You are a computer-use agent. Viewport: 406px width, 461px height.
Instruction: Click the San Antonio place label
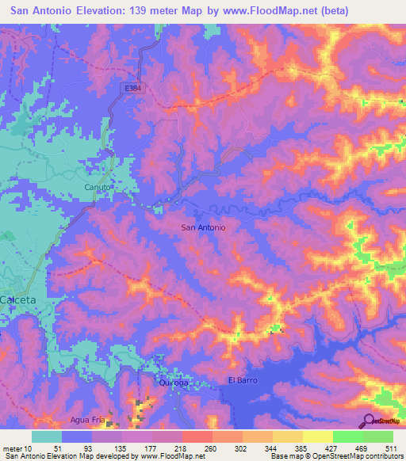[x=204, y=227]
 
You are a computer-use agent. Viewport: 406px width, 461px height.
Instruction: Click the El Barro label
[x=242, y=381]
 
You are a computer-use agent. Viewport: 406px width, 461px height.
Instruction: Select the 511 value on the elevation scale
[x=392, y=448]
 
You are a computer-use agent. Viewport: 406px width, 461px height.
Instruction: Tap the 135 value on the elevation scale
[x=121, y=448]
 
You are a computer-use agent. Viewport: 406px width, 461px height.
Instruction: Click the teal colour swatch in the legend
[x=47, y=436]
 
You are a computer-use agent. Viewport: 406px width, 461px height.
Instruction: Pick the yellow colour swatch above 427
[x=317, y=436]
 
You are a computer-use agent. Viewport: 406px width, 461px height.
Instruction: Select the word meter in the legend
[x=13, y=448]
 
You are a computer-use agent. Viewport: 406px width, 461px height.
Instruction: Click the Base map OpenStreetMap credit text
[x=336, y=456]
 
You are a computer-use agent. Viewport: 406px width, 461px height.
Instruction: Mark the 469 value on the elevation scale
[x=362, y=448]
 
